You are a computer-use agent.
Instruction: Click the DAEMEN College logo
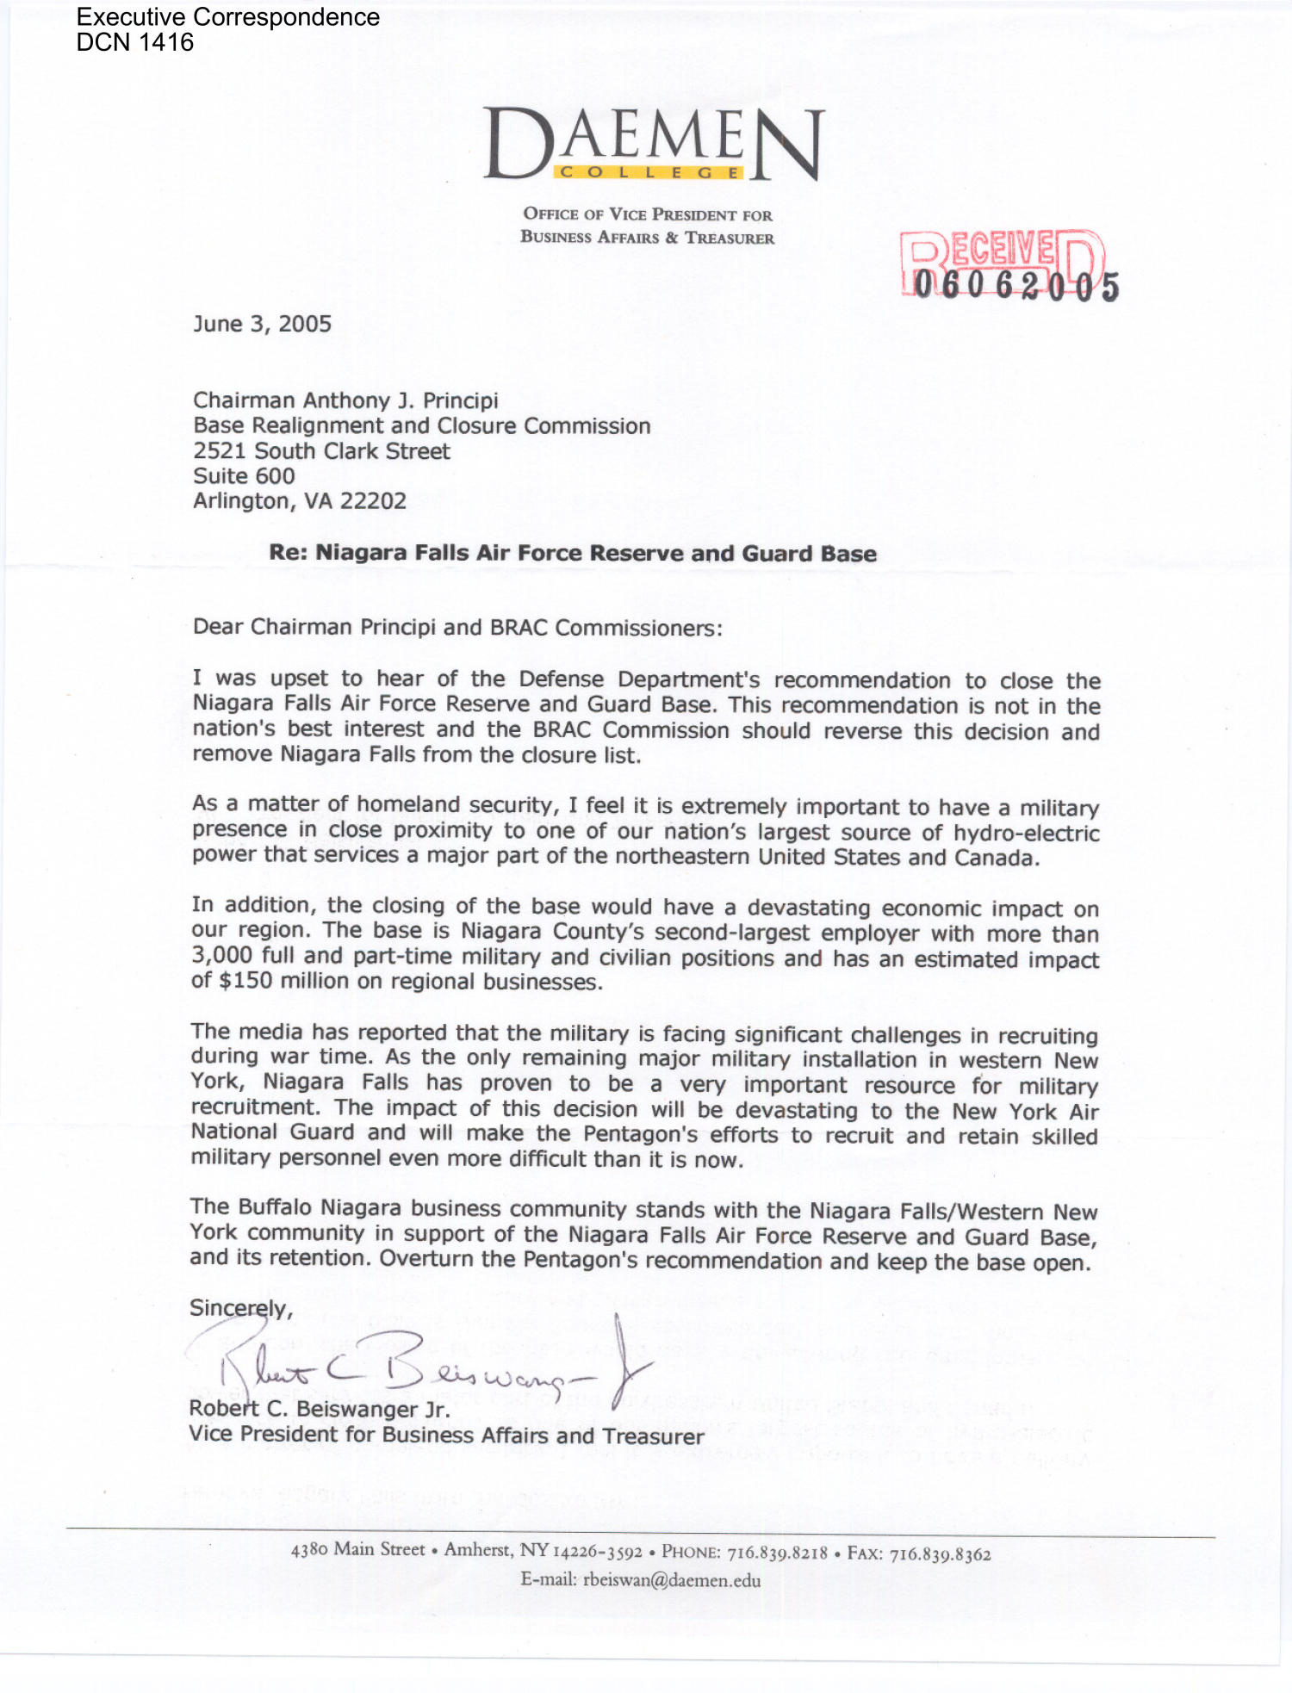[x=654, y=145]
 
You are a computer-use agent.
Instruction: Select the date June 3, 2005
[x=262, y=324]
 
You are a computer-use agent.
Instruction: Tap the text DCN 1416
[x=135, y=42]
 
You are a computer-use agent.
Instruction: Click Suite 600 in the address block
[x=244, y=476]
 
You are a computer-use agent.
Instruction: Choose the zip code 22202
[x=373, y=501]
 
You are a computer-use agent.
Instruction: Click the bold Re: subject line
[x=573, y=554]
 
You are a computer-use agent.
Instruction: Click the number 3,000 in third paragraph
[x=221, y=956]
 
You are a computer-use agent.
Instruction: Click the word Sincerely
[x=239, y=1308]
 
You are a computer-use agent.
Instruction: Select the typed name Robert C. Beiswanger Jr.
[x=320, y=1410]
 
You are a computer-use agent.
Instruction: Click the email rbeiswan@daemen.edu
[x=671, y=1580]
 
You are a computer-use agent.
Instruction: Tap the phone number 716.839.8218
[x=777, y=1553]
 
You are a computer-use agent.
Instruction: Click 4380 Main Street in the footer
[x=358, y=1549]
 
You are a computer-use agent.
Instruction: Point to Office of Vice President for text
[x=648, y=214]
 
